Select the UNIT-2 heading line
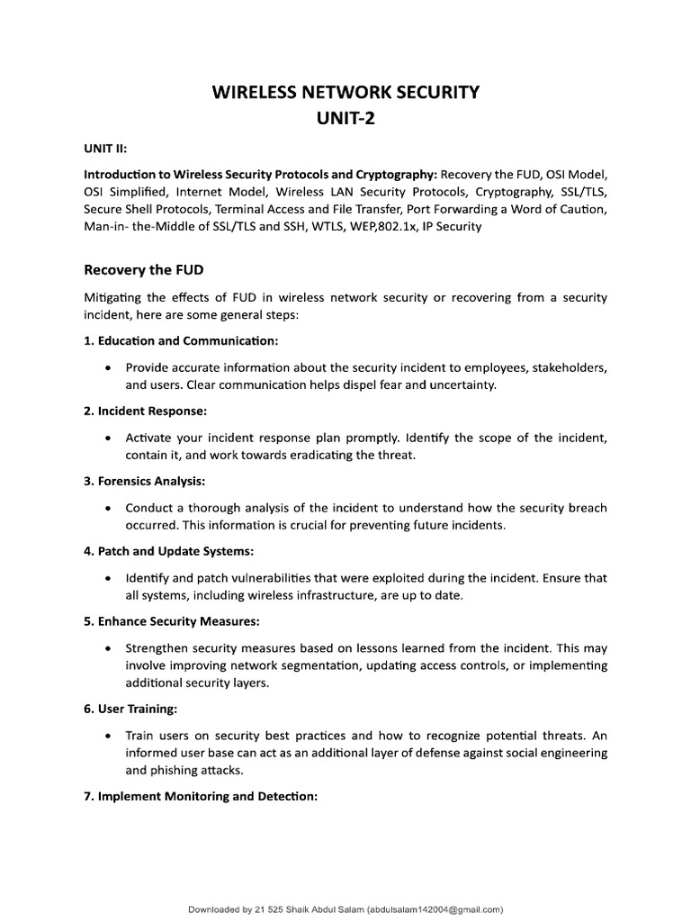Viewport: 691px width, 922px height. tap(345, 119)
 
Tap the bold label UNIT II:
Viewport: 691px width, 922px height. tap(107, 149)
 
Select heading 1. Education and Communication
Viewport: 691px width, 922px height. tap(181, 341)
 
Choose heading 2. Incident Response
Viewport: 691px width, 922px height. tap(145, 411)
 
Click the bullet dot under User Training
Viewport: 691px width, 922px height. tap(108, 735)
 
